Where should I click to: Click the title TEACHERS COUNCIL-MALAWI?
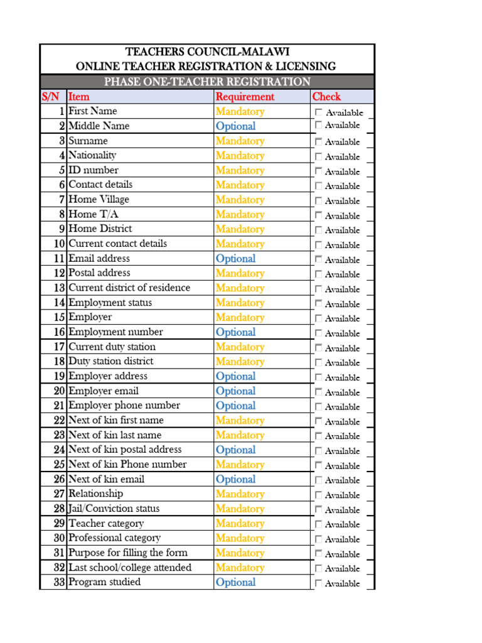tap(207, 51)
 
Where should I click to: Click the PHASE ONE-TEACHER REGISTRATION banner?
tap(207, 82)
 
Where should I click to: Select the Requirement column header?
tap(245, 97)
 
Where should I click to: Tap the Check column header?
tap(326, 97)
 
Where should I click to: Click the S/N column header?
tap(51, 97)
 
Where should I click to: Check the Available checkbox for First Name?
tap(319, 112)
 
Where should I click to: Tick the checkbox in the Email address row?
tap(319, 259)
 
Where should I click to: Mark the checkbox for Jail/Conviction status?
tap(319, 509)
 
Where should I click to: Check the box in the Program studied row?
tap(319, 583)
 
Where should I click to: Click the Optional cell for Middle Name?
tap(235, 126)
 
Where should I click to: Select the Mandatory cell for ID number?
tap(240, 170)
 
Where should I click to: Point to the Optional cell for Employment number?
tap(235, 332)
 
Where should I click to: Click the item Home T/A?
tap(92, 214)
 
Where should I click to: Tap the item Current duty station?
tap(112, 347)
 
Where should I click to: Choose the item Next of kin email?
tap(106, 479)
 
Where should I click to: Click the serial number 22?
tap(59, 420)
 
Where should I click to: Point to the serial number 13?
tap(59, 288)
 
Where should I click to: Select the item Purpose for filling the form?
tap(128, 553)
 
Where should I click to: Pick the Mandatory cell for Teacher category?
tap(240, 523)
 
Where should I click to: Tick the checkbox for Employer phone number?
tap(319, 406)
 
